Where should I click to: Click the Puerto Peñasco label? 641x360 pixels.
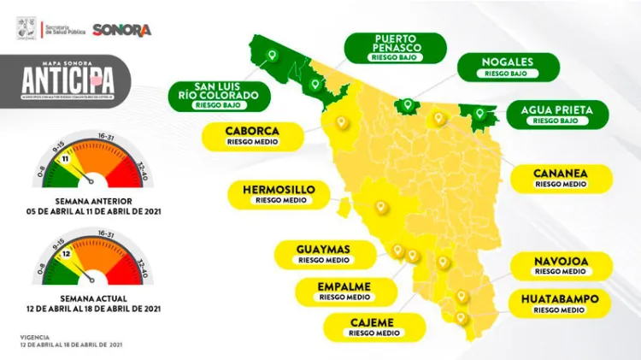[x=396, y=48]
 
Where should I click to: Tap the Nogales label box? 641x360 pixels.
[x=508, y=67]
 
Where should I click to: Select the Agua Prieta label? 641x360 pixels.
[x=556, y=114]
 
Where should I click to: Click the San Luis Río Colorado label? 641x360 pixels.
[x=218, y=96]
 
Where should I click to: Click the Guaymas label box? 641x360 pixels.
[x=323, y=253]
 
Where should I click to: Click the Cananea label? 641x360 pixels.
[x=562, y=177]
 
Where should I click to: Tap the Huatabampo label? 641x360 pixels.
[x=561, y=304]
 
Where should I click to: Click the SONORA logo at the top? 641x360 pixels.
[x=122, y=30]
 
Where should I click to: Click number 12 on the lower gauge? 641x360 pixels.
[x=66, y=255]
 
